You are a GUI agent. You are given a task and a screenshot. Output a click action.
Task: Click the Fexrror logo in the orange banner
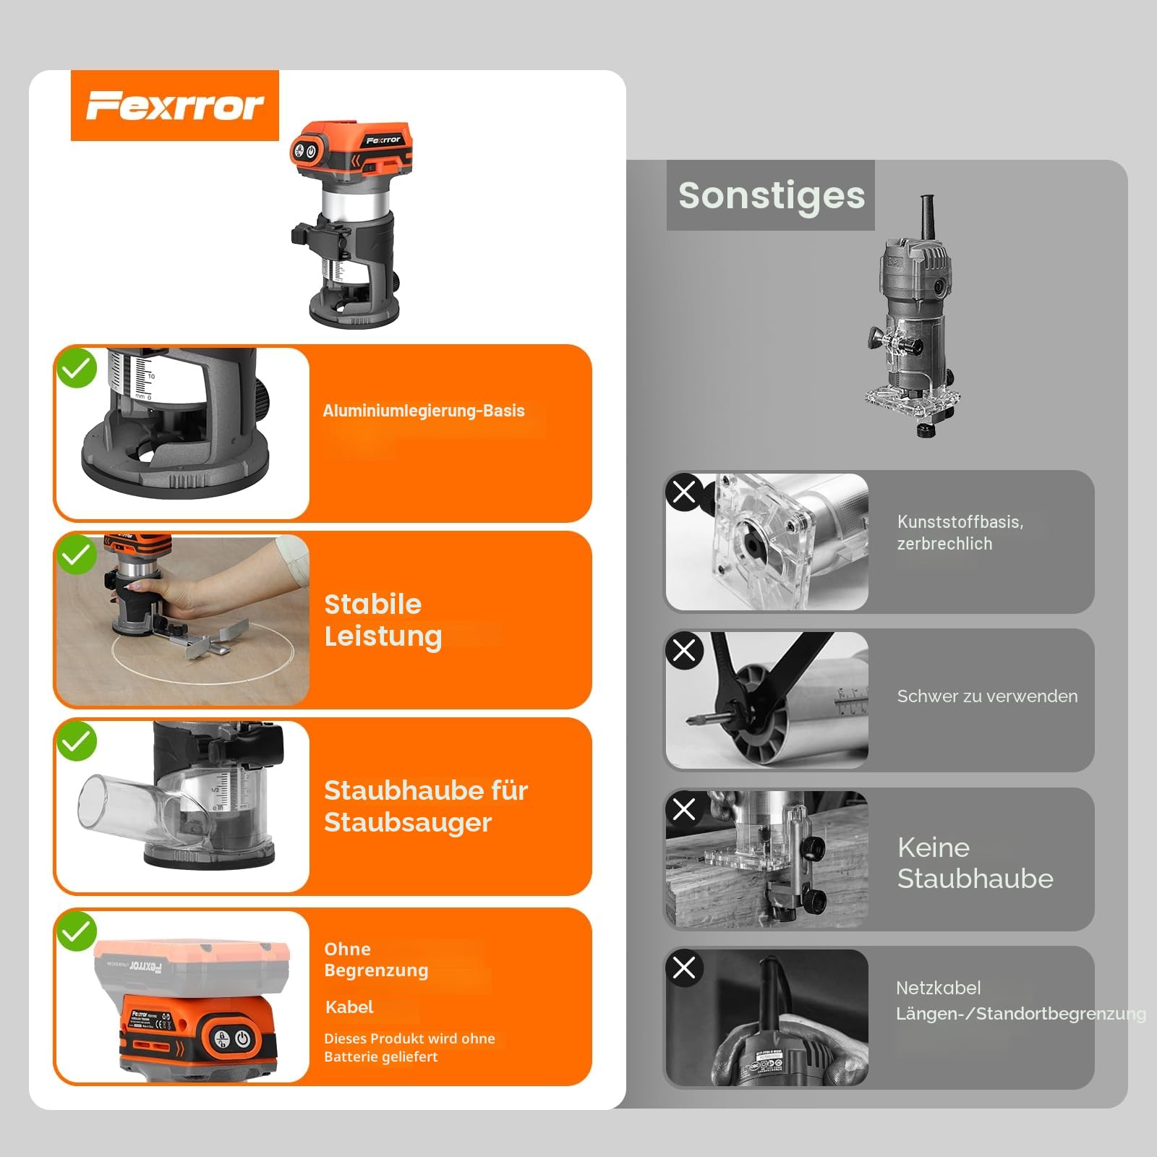click(175, 106)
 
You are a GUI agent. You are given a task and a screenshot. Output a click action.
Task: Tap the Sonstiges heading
click(772, 195)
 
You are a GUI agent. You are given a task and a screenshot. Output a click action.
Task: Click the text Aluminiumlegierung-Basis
click(424, 411)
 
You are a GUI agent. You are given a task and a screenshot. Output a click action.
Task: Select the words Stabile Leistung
click(383, 620)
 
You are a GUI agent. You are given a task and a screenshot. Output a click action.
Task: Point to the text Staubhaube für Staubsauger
click(426, 806)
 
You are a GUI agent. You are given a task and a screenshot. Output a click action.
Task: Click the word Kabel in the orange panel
click(349, 1007)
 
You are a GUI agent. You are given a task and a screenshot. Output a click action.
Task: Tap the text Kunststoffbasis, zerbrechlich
click(960, 532)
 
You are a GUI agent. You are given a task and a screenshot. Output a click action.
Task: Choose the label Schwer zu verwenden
click(987, 696)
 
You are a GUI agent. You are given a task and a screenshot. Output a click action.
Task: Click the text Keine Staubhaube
click(975, 863)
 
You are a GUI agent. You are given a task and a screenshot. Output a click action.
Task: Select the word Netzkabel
click(939, 988)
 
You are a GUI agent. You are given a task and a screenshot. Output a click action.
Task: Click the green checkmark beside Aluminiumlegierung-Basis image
click(77, 367)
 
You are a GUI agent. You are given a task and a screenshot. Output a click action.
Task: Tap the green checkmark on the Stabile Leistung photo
click(77, 555)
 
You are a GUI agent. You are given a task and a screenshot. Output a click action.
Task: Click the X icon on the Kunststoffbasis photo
click(684, 492)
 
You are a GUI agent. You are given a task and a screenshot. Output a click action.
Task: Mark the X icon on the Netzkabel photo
click(684, 967)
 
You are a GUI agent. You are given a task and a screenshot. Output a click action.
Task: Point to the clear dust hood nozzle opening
click(93, 800)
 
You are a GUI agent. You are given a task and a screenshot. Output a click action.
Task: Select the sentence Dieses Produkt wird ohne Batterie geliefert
click(409, 1047)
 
